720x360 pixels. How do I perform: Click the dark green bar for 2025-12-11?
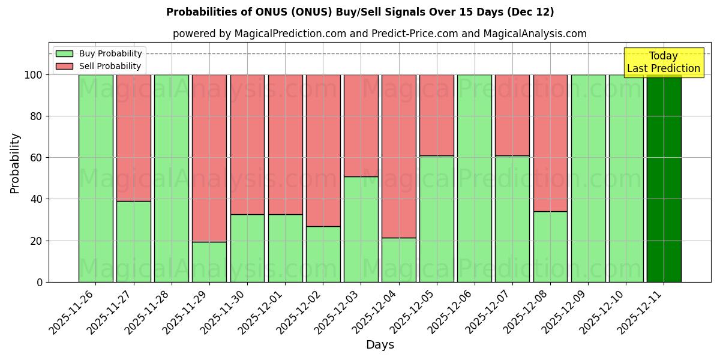tap(664, 178)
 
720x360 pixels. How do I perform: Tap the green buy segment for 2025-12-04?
tap(399, 260)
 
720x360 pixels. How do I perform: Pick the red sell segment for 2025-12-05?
tap(437, 115)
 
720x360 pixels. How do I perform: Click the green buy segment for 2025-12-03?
tap(361, 229)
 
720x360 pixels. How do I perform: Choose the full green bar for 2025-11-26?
tap(95, 178)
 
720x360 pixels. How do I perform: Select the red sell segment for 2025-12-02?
tap(323, 151)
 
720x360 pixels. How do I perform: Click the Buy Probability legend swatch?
tap(64, 53)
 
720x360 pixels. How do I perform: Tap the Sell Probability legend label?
tap(110, 66)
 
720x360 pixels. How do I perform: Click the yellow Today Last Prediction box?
tap(663, 62)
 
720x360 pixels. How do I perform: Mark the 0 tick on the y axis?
tap(40, 282)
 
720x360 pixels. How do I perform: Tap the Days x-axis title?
tap(380, 345)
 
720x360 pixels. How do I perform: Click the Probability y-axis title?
tap(15, 163)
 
